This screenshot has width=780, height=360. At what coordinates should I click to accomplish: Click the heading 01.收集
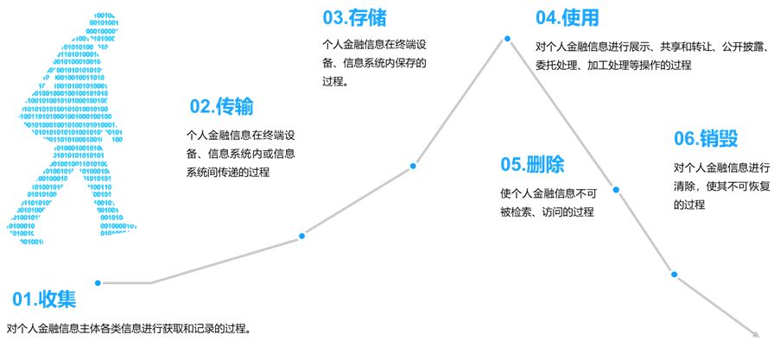click(x=44, y=300)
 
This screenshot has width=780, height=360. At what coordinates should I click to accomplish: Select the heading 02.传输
click(x=222, y=106)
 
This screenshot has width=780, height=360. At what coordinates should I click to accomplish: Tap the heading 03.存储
click(x=354, y=17)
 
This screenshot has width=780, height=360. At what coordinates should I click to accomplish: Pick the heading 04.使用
click(x=567, y=17)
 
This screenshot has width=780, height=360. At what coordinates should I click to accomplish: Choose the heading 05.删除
click(x=532, y=164)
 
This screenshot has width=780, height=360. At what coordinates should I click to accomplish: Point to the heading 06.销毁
click(x=706, y=139)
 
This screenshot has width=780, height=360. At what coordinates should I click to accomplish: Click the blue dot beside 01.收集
click(x=98, y=282)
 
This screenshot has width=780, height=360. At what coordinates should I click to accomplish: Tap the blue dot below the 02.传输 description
click(x=301, y=236)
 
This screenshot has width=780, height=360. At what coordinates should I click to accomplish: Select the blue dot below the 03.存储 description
click(x=413, y=166)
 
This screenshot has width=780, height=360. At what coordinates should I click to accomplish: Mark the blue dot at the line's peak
click(x=508, y=38)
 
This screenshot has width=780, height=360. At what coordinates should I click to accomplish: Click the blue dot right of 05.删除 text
click(x=617, y=189)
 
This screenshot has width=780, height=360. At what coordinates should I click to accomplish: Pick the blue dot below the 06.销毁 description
click(x=674, y=275)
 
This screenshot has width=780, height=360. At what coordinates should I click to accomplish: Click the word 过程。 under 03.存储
click(x=334, y=82)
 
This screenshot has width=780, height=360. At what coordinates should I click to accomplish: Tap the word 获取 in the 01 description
click(x=170, y=329)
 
